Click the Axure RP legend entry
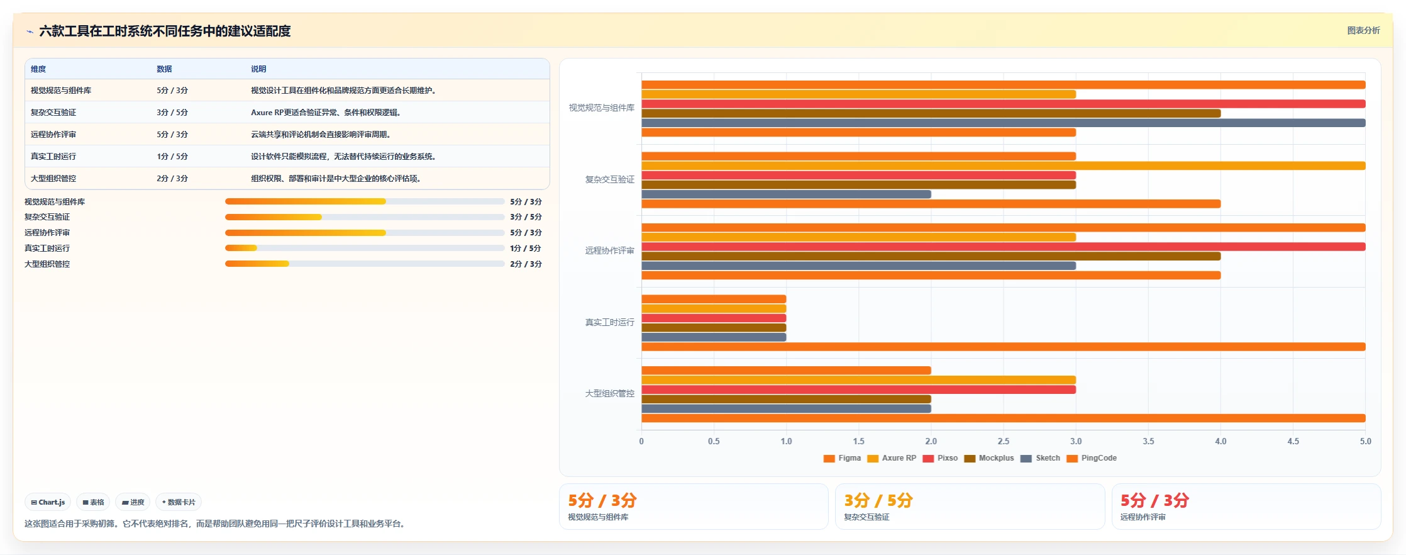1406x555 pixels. click(892, 458)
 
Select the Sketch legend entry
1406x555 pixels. click(1040, 458)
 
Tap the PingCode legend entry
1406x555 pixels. click(1092, 458)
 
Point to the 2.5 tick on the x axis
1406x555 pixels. click(1004, 441)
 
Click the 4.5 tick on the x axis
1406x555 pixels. click(1293, 441)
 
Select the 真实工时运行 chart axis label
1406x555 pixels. click(609, 322)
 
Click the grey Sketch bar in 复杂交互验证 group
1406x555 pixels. click(786, 194)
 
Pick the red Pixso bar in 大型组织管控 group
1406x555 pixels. click(858, 390)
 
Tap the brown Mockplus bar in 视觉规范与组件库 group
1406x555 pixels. click(931, 113)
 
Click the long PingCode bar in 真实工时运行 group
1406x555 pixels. click(1003, 347)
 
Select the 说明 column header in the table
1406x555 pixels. click(258, 69)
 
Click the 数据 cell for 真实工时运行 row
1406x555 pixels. click(172, 157)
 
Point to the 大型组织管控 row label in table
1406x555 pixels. click(53, 179)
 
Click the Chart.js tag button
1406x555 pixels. click(48, 502)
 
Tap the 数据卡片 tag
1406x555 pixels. click(179, 502)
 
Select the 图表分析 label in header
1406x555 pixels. click(1363, 30)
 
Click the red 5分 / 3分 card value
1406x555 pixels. click(1154, 500)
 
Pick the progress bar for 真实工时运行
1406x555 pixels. click(365, 248)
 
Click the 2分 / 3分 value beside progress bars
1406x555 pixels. click(526, 264)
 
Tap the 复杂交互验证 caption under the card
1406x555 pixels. click(866, 517)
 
